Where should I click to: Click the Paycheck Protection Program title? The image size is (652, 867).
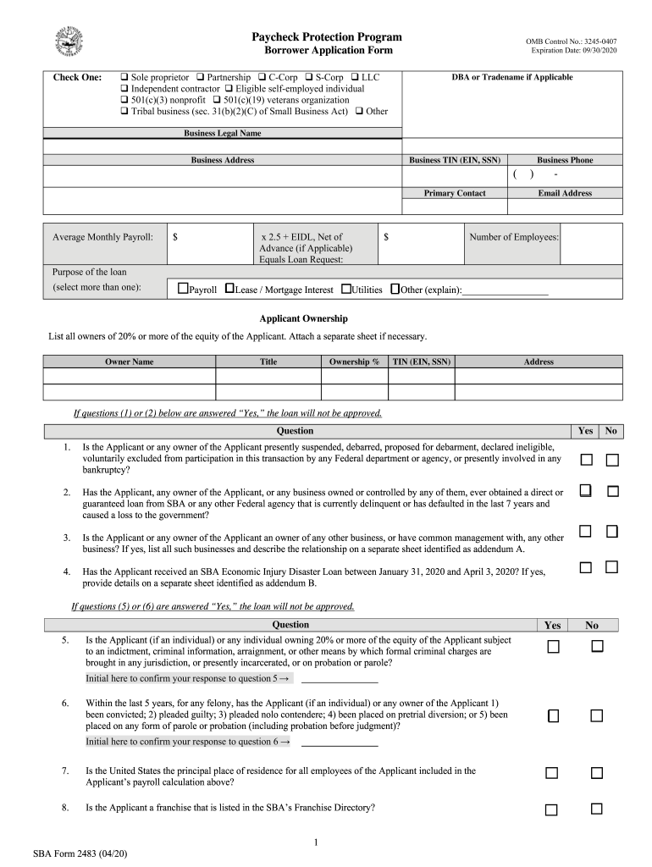[326, 37]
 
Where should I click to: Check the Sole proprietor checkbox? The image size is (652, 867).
[124, 77]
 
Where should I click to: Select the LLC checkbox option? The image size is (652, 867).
[355, 77]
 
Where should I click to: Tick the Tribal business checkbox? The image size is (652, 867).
[124, 111]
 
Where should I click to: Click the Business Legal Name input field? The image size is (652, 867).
[222, 146]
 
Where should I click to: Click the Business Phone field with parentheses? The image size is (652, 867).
[565, 174]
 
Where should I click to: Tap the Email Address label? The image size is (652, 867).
[565, 193]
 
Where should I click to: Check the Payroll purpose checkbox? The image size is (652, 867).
[182, 289]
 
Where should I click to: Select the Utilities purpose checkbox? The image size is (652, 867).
[345, 289]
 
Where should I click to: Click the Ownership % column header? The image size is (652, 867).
[354, 362]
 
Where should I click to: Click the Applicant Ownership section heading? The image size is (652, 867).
[303, 319]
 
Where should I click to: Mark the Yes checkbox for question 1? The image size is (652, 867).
[586, 460]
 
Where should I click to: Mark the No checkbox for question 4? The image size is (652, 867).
[612, 567]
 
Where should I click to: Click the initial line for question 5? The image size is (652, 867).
[339, 679]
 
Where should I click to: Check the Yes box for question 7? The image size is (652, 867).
[552, 773]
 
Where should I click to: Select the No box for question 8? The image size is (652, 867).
[596, 809]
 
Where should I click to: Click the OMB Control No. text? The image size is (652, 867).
[572, 41]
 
